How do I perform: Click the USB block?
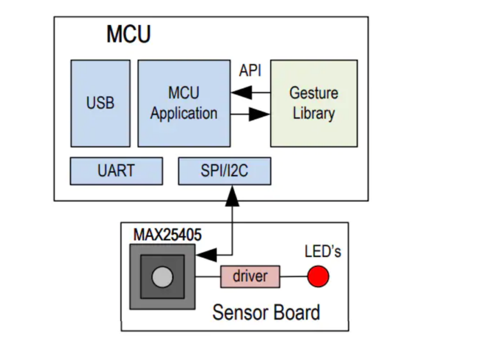[100, 103]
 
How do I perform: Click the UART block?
[116, 171]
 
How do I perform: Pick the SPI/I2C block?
[224, 171]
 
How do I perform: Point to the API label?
[250, 71]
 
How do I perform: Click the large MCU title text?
[128, 35]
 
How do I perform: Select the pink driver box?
[250, 276]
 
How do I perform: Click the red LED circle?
[318, 276]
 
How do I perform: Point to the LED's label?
[323, 252]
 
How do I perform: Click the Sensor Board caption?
[266, 312]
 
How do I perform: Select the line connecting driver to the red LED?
[293, 276]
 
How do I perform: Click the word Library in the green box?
[314, 113]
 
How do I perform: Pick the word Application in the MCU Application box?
[184, 113]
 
